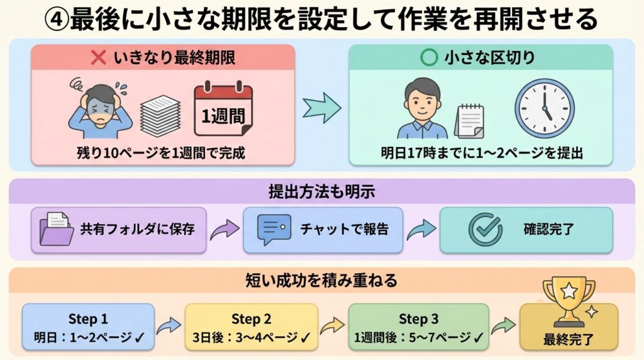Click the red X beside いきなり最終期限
99,59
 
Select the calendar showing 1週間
223,110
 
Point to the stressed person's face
101,103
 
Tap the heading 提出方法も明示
321,190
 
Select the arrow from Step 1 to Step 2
169,326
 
